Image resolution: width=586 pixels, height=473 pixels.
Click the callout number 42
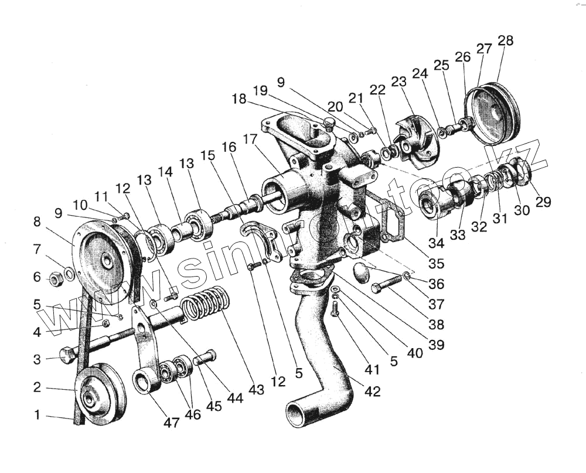[372, 391]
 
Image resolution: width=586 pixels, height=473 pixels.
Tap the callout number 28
[505, 40]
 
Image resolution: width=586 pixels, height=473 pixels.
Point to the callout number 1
[37, 415]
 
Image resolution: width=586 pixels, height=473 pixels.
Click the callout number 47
[171, 422]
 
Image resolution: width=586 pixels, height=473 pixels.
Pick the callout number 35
[435, 263]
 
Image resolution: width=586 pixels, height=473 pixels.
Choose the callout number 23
[398, 83]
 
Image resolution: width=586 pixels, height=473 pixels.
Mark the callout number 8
[37, 222]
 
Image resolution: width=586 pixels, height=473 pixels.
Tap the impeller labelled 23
[418, 138]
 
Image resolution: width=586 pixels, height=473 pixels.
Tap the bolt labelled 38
[387, 287]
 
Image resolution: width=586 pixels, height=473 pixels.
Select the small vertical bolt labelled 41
[335, 308]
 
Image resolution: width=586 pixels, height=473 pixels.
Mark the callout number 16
[229, 146]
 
